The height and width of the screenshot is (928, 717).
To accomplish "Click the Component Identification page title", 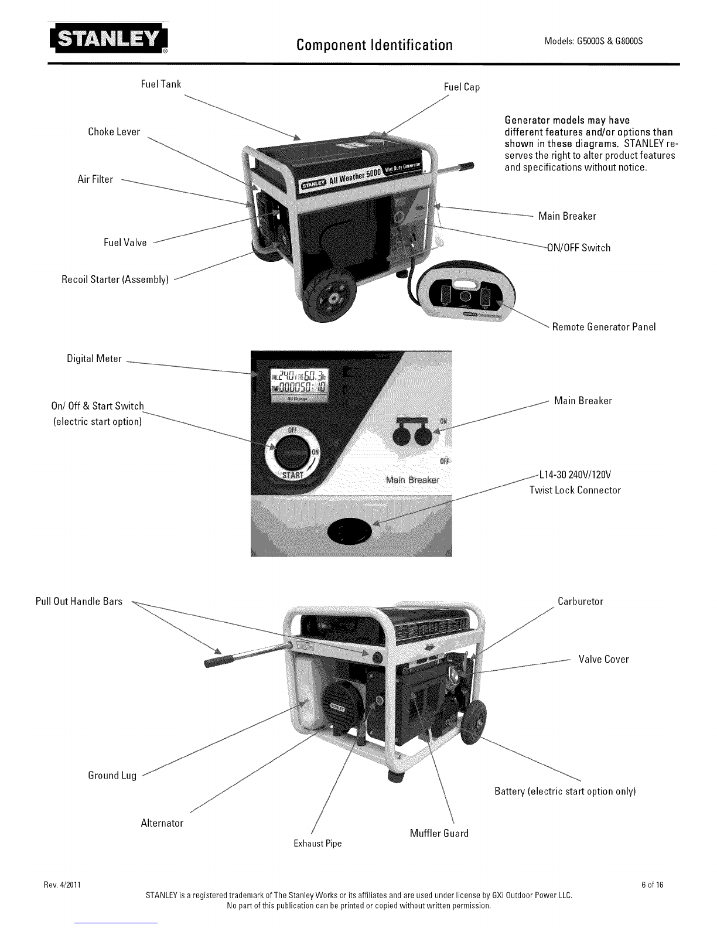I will click(x=374, y=45).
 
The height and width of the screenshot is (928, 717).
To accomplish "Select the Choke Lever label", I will click(x=114, y=132).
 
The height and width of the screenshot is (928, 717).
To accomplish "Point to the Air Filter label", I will click(x=95, y=179).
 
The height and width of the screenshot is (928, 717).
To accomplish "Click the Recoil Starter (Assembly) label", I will click(x=115, y=279).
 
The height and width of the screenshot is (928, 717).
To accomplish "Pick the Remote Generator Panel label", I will click(x=603, y=326).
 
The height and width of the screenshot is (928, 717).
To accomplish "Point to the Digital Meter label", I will click(x=94, y=359).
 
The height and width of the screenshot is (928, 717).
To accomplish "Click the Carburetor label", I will click(x=580, y=601).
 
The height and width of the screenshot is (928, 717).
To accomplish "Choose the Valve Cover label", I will click(x=603, y=659).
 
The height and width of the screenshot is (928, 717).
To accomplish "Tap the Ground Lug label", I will click(x=112, y=775).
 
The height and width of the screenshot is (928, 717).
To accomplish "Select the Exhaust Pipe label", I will click(x=317, y=843).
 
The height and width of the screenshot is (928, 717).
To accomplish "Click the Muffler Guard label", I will click(x=439, y=833).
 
